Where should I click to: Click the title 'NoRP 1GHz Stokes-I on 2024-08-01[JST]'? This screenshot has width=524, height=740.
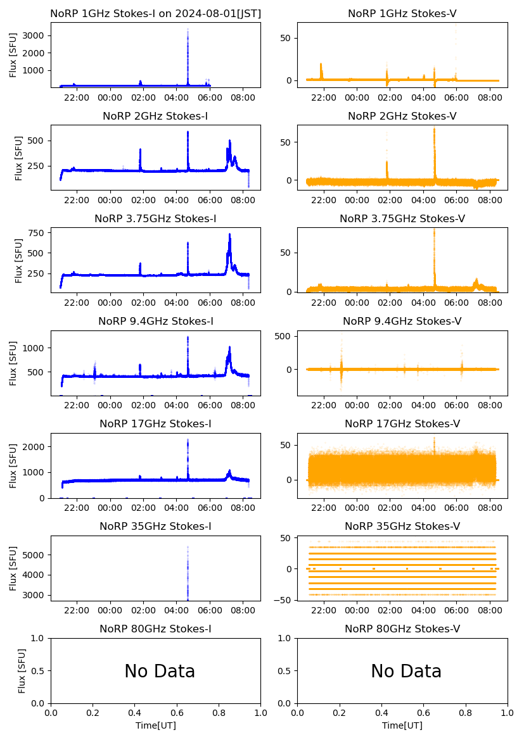coord(155,13)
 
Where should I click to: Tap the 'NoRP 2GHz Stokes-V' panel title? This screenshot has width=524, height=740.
coord(402,116)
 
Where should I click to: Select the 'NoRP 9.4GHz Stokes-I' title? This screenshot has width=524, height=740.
coord(155,321)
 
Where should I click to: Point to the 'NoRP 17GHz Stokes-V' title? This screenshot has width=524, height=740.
coord(402,423)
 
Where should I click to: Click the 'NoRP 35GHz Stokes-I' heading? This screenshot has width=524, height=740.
coord(155,526)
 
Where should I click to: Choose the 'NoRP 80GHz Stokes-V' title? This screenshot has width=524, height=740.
coord(402,629)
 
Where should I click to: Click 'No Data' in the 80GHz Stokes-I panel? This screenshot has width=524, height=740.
coord(160,672)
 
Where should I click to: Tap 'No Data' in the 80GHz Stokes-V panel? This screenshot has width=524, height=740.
coord(406,672)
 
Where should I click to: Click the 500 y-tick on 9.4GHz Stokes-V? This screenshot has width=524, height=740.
coord(284,336)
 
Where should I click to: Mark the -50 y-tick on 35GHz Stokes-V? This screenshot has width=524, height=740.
coord(284,599)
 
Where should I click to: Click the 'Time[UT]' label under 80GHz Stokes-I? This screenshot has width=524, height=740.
coord(155,725)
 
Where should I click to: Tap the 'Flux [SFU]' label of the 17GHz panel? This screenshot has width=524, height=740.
coord(14,465)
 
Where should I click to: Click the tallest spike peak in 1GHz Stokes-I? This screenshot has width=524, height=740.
coord(188,29)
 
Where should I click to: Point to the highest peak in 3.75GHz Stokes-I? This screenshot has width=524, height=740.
coord(230,235)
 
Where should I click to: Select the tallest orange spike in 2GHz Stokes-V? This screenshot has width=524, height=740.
coord(435,129)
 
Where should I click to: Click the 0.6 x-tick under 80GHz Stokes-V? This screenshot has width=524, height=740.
coord(424,714)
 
